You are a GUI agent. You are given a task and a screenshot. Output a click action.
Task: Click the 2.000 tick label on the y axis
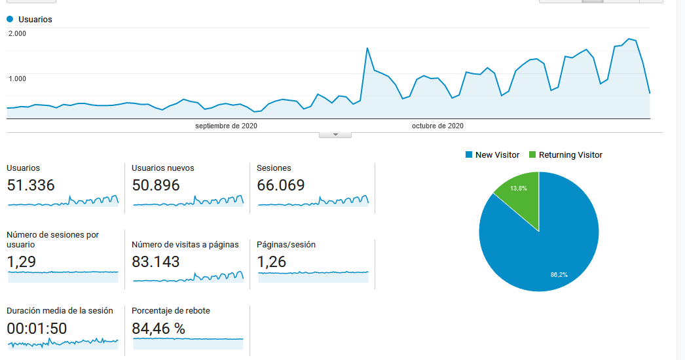(x=17, y=33)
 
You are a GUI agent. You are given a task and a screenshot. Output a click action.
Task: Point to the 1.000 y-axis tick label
(x=17, y=79)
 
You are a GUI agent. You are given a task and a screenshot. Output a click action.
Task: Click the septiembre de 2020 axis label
(x=226, y=126)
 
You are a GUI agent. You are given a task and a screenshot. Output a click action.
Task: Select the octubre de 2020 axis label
(x=437, y=126)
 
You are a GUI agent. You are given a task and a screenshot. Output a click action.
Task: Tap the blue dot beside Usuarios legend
(x=10, y=20)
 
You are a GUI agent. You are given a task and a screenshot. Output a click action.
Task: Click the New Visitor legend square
(x=468, y=155)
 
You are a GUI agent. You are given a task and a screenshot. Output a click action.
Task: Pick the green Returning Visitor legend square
(x=532, y=155)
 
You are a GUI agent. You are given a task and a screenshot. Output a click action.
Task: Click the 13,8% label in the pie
(x=519, y=188)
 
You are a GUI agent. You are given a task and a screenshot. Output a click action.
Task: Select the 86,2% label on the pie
(x=559, y=275)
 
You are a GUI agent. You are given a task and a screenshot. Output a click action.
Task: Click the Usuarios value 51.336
(x=31, y=185)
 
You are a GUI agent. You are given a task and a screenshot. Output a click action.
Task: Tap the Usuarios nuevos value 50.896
(x=156, y=185)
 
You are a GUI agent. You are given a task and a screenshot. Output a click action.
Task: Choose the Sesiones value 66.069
(x=281, y=185)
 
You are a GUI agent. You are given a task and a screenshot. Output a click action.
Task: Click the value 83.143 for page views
(x=156, y=262)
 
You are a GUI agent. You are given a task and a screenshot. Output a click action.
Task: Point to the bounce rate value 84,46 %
(x=158, y=329)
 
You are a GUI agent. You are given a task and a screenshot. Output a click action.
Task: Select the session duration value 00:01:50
(x=37, y=329)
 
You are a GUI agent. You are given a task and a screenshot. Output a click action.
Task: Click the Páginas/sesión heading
(x=286, y=245)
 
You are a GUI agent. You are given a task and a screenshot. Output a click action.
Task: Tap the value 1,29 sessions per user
(x=21, y=262)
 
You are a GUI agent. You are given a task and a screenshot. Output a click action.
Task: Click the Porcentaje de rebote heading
(x=171, y=311)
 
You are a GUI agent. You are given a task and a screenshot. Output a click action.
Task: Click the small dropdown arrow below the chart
(x=335, y=135)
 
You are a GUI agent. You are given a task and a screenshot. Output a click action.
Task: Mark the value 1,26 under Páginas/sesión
(x=272, y=262)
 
